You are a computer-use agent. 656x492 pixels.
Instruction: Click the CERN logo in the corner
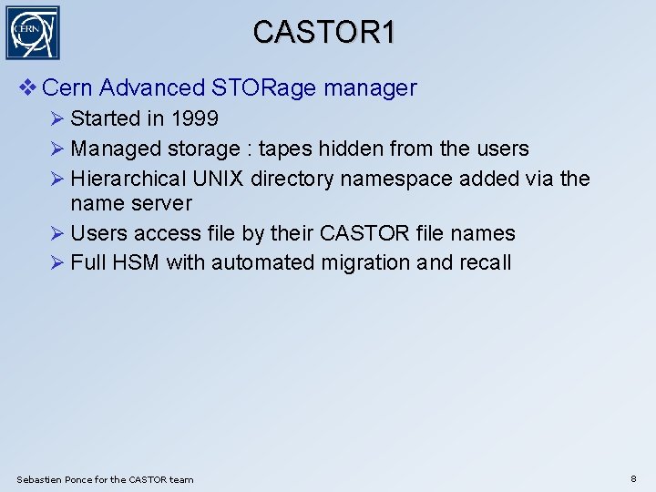click(33, 33)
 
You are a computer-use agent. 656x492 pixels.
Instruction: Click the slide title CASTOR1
click(324, 33)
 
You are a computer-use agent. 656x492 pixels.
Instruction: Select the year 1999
click(192, 118)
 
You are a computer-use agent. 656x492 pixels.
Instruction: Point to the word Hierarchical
click(128, 179)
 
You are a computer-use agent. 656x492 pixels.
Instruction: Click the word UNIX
click(218, 179)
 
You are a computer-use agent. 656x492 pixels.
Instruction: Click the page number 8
click(634, 478)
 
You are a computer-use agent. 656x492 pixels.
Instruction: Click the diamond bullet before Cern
click(27, 88)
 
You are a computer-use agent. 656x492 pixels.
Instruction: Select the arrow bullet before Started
click(57, 118)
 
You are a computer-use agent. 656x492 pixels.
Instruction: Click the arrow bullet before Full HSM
click(57, 263)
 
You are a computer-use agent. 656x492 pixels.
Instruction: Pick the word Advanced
click(152, 88)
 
